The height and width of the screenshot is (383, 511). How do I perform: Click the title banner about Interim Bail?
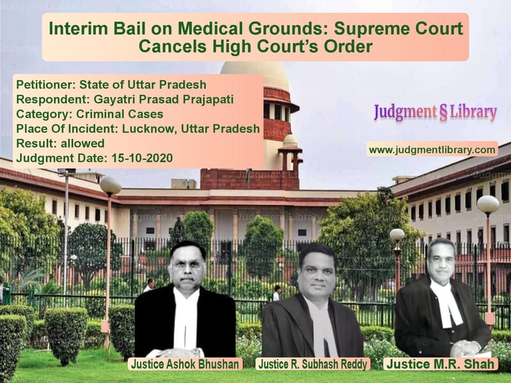pos(256,37)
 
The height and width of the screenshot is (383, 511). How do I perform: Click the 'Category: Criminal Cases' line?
pos(89,114)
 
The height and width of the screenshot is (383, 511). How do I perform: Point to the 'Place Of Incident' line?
pos(137,129)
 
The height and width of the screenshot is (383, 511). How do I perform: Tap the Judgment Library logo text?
pos(434,112)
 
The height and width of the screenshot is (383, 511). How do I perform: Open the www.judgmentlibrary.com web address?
pos(432,149)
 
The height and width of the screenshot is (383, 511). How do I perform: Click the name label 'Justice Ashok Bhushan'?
pos(185,364)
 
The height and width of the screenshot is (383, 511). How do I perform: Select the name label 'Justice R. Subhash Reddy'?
pos(313,364)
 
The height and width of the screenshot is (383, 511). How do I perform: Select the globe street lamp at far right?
pos(488,204)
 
